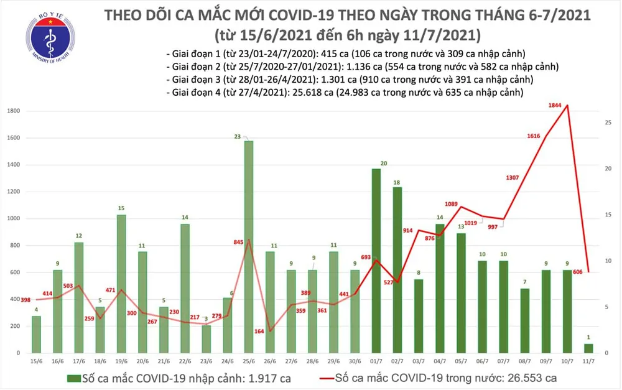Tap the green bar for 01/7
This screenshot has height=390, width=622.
376,261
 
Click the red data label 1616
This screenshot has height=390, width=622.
533,136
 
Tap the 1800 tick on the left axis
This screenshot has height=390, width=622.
13,111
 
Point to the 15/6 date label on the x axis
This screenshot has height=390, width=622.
36,360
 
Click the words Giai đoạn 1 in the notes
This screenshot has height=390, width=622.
197,53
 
